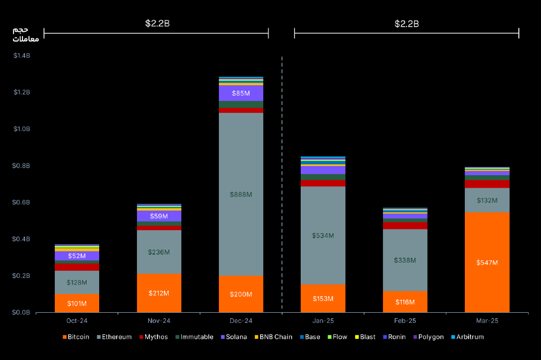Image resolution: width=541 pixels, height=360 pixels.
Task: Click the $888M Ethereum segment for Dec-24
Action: click(241, 194)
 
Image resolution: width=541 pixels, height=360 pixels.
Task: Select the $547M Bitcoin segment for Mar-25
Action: click(487, 262)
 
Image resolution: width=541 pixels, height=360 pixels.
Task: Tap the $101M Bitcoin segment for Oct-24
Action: click(77, 303)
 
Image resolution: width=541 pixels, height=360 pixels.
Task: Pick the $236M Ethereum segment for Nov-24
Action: click(159, 252)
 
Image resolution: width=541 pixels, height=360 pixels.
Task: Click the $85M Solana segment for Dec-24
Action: click(241, 93)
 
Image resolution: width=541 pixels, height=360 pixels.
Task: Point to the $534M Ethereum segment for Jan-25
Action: click(323, 235)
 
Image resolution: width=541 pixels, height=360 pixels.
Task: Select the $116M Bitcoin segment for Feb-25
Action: click(405, 302)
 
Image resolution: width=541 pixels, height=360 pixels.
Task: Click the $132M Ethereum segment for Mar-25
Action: click(487, 200)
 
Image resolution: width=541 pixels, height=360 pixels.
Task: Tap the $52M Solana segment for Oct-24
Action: click(77, 256)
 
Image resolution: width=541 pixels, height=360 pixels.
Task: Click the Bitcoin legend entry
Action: click(76, 337)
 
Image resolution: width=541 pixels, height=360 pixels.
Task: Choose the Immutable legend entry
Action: click(195, 337)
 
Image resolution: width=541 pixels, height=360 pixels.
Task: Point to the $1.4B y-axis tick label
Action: click(22, 56)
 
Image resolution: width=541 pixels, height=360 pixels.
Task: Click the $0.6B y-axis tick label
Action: click(22, 202)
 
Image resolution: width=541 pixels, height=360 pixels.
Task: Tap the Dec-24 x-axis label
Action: click(241, 321)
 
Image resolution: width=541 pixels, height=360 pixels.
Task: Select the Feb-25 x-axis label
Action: click(405, 321)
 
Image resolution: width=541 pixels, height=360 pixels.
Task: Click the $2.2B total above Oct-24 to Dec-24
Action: click(158, 24)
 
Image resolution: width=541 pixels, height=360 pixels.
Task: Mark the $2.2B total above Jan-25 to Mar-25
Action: click(406, 24)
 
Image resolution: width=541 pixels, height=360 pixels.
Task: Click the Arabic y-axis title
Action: click(25, 34)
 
